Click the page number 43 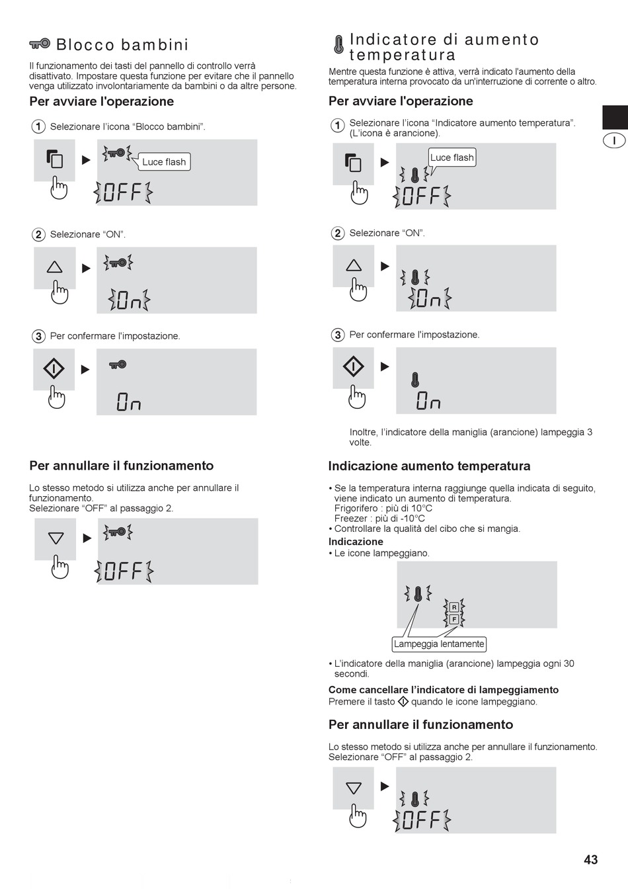coord(591,859)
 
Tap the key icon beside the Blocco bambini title coord(40,43)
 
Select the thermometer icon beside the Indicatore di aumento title coord(338,44)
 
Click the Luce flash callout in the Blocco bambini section coord(164,162)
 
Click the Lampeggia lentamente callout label coord(439,644)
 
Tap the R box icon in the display coord(454,607)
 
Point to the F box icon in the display coord(454,619)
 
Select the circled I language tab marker coord(614,140)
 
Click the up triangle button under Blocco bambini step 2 coord(54,267)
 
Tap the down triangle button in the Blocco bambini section coord(56,538)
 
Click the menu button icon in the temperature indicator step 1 coord(353,163)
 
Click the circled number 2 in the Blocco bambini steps coord(38,235)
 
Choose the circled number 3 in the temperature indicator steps coord(337,335)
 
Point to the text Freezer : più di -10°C coord(379,519)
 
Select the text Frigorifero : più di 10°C coord(383,509)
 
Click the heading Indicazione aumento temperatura coord(429,466)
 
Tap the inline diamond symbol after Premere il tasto coord(403,702)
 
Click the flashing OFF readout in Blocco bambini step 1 coord(123,192)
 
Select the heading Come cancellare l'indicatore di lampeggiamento coord(443,690)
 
